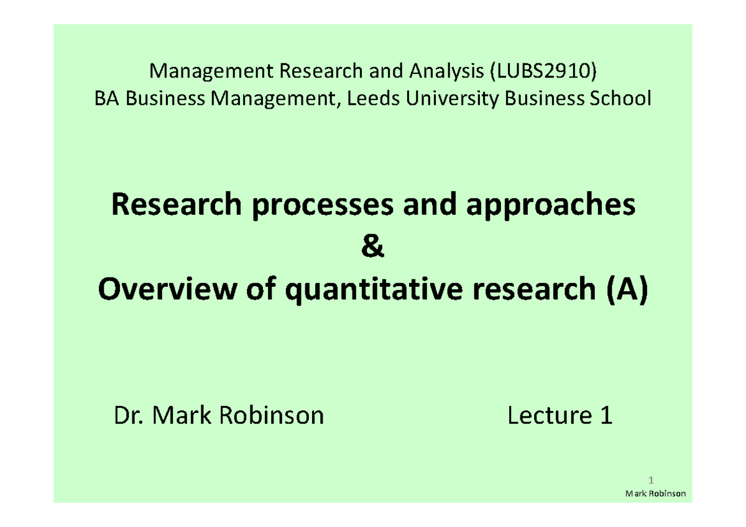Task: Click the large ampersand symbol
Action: [x=372, y=249]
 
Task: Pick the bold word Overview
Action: [x=159, y=292]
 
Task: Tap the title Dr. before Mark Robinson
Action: [x=128, y=415]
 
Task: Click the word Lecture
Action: [x=549, y=415]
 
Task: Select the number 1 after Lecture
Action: [x=606, y=415]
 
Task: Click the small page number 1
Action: [x=651, y=480]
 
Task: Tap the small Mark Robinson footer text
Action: [x=655, y=493]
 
